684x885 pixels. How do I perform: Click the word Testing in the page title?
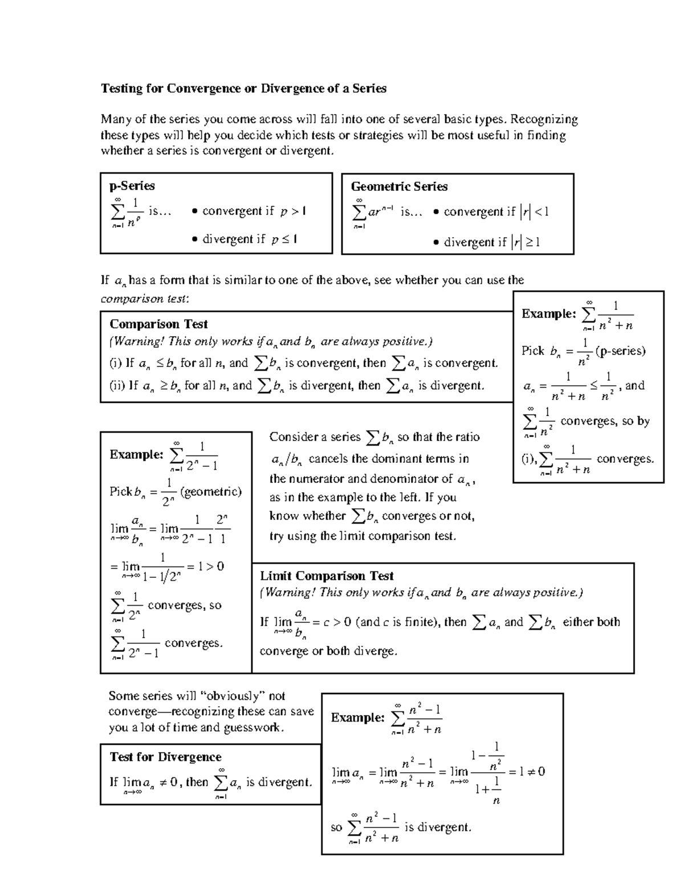120,88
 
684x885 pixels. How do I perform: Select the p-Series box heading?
132,186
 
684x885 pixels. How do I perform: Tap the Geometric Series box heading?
399,186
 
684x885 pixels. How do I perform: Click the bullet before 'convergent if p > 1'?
195,211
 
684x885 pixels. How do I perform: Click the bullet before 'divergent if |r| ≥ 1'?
436,243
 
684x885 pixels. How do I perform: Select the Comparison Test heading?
158,324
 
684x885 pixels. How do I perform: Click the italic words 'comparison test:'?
145,299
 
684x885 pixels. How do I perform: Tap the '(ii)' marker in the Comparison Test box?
117,386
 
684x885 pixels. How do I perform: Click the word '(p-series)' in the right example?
620,351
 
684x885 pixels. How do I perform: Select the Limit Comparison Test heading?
327,576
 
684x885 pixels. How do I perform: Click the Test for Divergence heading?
165,757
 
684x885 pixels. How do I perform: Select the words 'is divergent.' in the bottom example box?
437,827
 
